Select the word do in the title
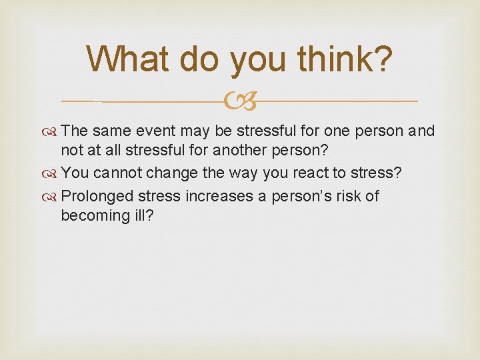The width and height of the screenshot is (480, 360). coord(203,59)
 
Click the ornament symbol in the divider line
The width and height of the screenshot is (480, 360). coord(241,102)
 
